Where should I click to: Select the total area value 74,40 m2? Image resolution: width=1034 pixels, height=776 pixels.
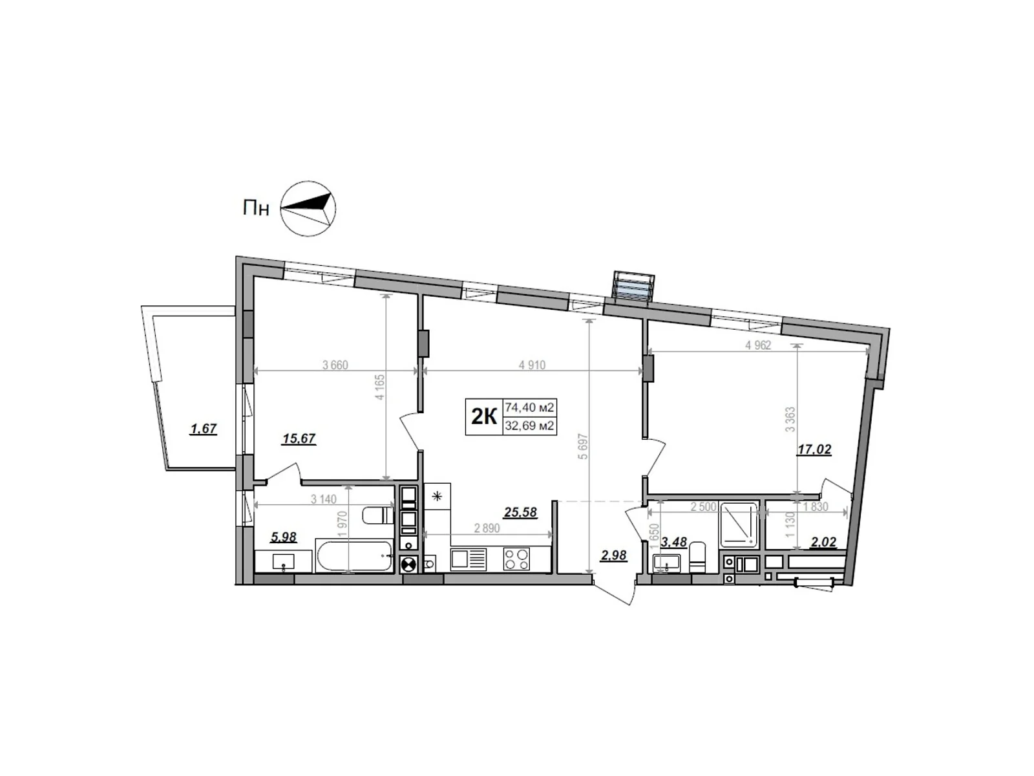point(530,408)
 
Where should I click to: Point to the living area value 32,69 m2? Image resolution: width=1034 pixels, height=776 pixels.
point(530,426)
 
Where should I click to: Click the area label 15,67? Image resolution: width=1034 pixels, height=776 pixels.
point(299,438)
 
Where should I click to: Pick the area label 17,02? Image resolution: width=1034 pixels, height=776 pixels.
point(814,449)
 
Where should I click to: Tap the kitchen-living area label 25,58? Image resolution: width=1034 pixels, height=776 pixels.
point(520,512)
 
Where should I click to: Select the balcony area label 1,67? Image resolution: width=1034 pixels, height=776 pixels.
point(203,428)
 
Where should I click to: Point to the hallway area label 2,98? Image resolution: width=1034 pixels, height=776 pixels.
point(613,555)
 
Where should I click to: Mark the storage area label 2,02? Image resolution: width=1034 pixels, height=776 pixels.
point(823,542)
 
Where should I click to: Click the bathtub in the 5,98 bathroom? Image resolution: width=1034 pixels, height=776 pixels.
point(354,555)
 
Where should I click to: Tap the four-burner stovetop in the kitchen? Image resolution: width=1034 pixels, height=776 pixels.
point(516,558)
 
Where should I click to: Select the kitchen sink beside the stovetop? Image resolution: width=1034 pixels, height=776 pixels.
point(468,558)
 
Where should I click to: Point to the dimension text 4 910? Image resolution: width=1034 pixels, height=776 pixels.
point(532,365)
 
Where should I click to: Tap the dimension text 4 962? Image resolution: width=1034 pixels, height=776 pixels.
point(758,345)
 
